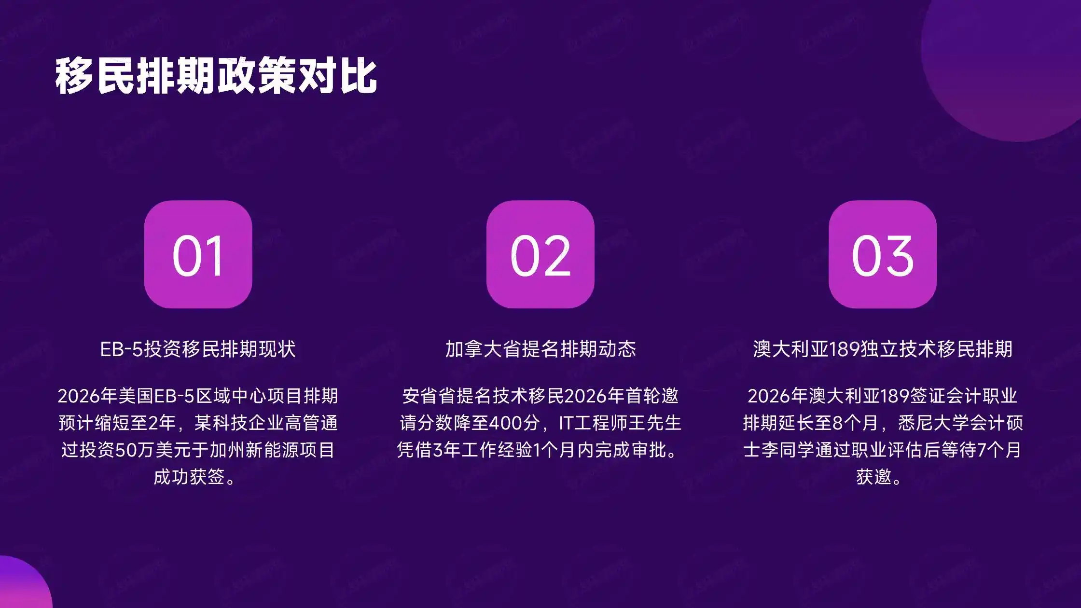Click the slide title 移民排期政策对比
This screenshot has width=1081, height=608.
point(216,76)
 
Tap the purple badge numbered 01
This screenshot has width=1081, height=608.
point(198,254)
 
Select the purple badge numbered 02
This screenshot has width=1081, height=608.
point(540,254)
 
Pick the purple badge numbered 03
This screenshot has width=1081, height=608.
point(883,254)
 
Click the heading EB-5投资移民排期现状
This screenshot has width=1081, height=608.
point(198,349)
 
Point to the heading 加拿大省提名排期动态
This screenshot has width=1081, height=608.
point(540,349)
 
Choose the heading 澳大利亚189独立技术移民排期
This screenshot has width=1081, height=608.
point(883,349)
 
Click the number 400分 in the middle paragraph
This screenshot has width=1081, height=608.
point(514,423)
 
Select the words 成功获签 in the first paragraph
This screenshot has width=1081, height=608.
point(189,477)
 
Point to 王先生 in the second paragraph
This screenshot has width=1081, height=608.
point(655,423)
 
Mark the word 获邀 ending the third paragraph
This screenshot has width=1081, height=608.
point(874,477)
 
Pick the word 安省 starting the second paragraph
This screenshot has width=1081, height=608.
point(420,396)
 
